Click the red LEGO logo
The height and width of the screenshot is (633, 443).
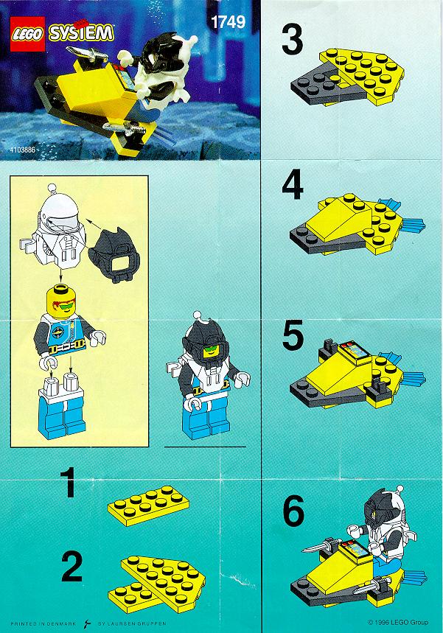coord(27,35)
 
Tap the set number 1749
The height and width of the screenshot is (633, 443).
coord(229,22)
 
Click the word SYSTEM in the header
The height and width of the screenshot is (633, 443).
coord(81,32)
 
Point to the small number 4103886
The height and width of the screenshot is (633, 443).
coord(24,150)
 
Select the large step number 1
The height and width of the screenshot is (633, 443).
coord(70,482)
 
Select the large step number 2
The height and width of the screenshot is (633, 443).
coord(72,567)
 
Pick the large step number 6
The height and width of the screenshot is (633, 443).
coord(293,510)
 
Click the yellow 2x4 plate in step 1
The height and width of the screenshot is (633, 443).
coord(148,506)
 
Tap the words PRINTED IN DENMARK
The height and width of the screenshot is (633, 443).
coord(43,623)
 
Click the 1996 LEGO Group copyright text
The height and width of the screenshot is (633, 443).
coord(398,622)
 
